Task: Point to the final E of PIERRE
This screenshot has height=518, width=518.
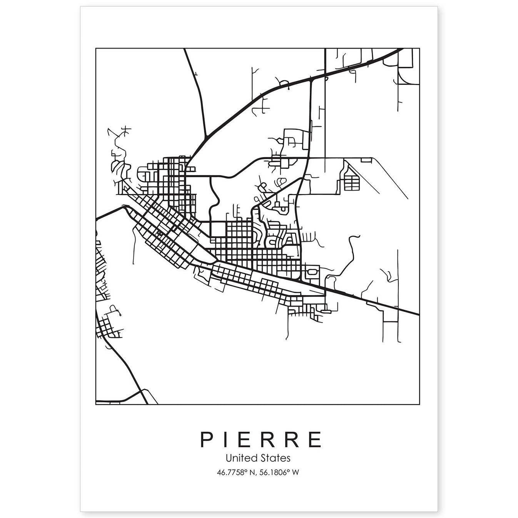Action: pyautogui.click(x=315, y=439)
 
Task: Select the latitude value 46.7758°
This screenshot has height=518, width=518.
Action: pyautogui.click(x=231, y=472)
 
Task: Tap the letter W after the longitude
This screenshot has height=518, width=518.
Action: pyautogui.click(x=295, y=472)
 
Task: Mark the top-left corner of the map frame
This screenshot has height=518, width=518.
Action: pyautogui.click(x=96, y=48)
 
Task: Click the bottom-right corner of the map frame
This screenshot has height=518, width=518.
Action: pyautogui.click(x=419, y=404)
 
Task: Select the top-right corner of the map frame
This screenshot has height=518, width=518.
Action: pyautogui.click(x=419, y=48)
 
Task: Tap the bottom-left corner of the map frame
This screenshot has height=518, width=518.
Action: pyautogui.click(x=96, y=404)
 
